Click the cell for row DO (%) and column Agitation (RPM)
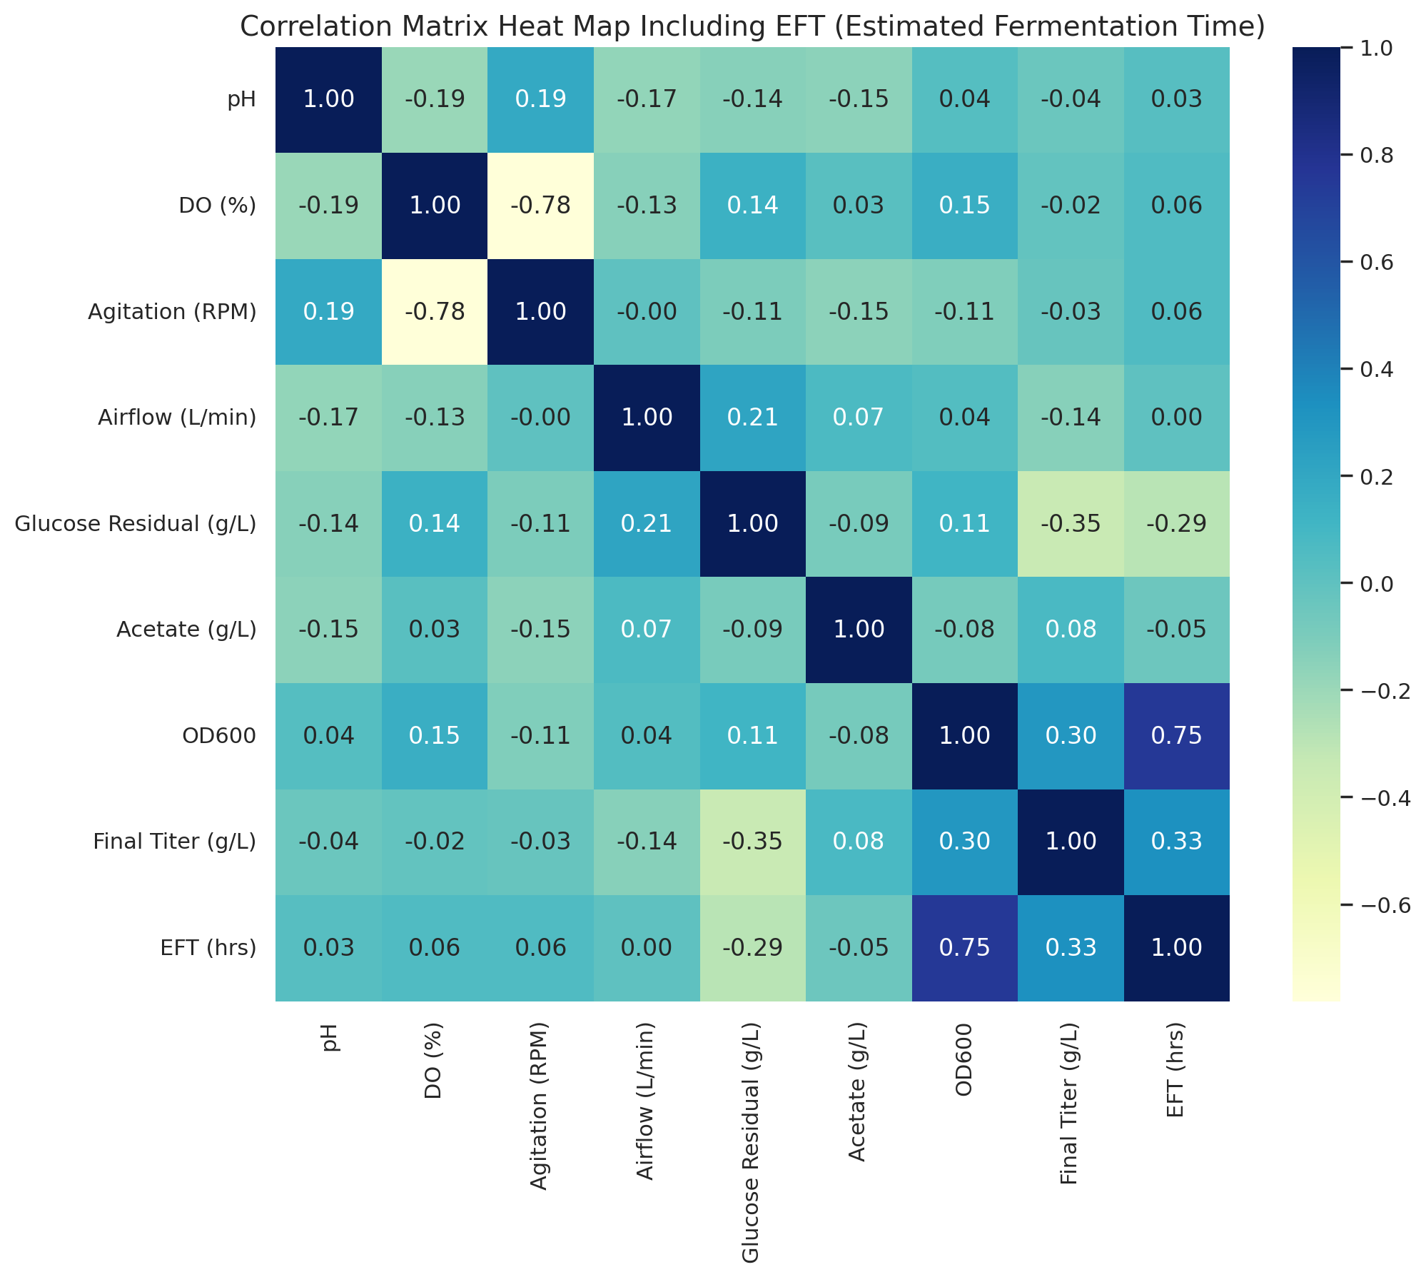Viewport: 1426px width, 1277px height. pyautogui.click(x=540, y=206)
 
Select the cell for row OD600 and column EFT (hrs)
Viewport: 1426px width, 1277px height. pyautogui.click(x=1176, y=735)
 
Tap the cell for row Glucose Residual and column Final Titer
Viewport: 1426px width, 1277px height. pyautogui.click(x=1071, y=523)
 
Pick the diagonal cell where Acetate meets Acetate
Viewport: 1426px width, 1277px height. pyautogui.click(x=859, y=630)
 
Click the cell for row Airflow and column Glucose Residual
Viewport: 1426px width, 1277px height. pyautogui.click(x=752, y=418)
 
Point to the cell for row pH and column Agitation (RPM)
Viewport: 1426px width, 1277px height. pyautogui.click(x=540, y=99)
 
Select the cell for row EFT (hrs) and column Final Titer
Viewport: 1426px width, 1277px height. pyautogui.click(x=1071, y=947)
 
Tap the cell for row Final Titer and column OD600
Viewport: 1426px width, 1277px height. pyautogui.click(x=964, y=842)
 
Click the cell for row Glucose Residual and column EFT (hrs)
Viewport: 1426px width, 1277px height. pyautogui.click(x=1176, y=523)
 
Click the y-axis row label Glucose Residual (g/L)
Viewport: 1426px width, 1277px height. pyautogui.click(x=136, y=524)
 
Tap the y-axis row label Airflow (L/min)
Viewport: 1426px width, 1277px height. pyautogui.click(x=177, y=418)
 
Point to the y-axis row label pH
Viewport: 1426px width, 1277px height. pyautogui.click(x=242, y=100)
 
